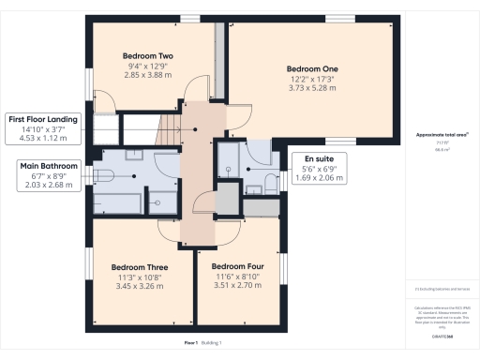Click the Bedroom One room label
(x=311, y=69)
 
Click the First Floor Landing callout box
(x=43, y=129)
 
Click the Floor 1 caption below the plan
(x=191, y=343)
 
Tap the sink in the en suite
(x=251, y=188)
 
